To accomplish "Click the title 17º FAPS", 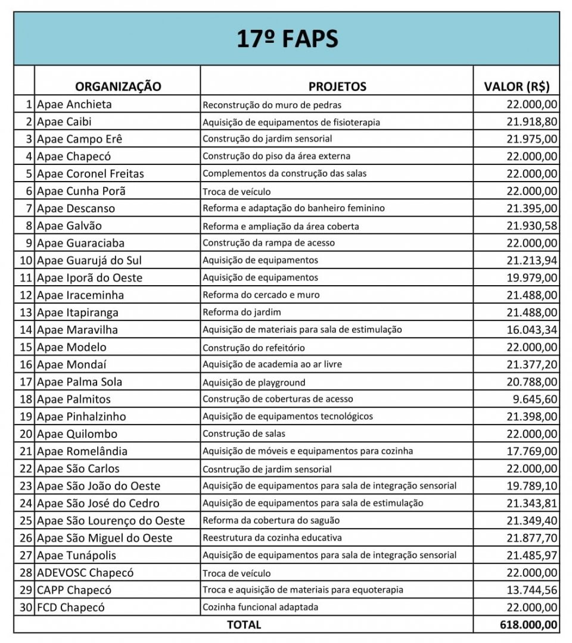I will pos(287,39).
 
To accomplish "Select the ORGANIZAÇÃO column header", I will pos(118,86).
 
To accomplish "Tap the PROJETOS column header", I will pos(337,86).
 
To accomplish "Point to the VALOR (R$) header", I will pos(517,86).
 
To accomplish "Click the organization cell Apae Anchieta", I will pos(74,105).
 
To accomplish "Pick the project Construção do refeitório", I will pos(254,348).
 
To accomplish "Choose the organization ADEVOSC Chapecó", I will pos(85,573).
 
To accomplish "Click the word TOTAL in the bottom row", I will pos(243,625).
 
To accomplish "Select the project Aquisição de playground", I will pos(254,382).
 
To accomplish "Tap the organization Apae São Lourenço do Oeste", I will pos(111,521).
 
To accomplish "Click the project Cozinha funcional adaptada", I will pos(260,607).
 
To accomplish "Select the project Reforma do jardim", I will pos(241,313).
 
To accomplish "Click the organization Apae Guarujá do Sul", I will pos(89,261).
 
